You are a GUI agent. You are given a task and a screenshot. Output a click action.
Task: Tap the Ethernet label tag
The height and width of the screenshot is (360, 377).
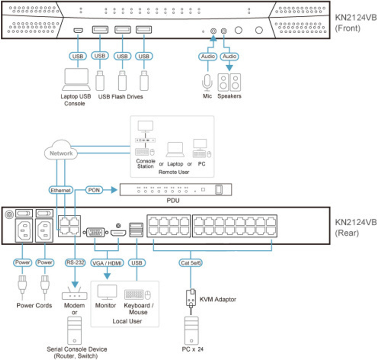click(x=61, y=191)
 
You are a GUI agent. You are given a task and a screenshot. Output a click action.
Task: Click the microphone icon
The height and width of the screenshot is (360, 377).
click(x=207, y=82)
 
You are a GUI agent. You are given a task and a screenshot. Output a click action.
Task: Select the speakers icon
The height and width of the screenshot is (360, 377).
click(x=229, y=82)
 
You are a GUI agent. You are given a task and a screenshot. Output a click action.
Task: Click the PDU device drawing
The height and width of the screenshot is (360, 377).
click(x=176, y=189)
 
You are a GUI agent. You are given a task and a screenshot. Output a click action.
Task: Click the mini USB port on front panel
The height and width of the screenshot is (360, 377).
click(x=78, y=30)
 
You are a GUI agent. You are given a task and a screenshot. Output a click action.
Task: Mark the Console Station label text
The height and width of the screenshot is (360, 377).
click(x=146, y=164)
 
